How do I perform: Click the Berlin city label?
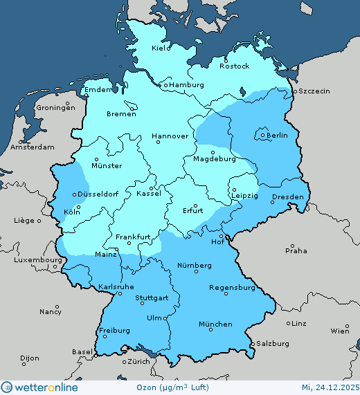pos(277,136)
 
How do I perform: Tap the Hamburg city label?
pos(186,85)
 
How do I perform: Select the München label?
pos(215,324)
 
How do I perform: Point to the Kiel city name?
pos(160,48)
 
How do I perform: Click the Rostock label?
pos(233,66)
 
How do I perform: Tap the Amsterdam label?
pos(33,147)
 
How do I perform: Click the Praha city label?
pos(296,250)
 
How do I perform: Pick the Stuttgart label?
pos(152,299)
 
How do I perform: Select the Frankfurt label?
pos(133,237)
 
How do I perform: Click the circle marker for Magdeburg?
pos(213,152)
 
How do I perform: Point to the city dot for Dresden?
pos(273,202)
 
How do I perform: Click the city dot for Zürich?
pos(125,361)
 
